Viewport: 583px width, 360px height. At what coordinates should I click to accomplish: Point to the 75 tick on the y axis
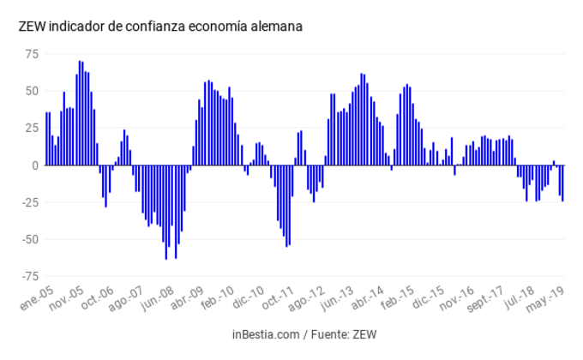coord(32,54)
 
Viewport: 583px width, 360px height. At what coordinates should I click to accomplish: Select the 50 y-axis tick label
coord(32,91)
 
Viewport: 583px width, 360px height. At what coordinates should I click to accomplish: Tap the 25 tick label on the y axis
coord(32,128)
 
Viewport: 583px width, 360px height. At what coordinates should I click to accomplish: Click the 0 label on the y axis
coord(35,165)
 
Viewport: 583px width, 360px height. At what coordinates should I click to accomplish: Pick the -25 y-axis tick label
coord(29,201)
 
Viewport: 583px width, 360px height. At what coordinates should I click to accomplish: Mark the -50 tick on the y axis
coord(29,238)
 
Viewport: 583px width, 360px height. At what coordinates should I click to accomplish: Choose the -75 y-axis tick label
coord(29,275)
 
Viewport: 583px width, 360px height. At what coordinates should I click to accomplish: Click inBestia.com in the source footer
coord(265,333)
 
